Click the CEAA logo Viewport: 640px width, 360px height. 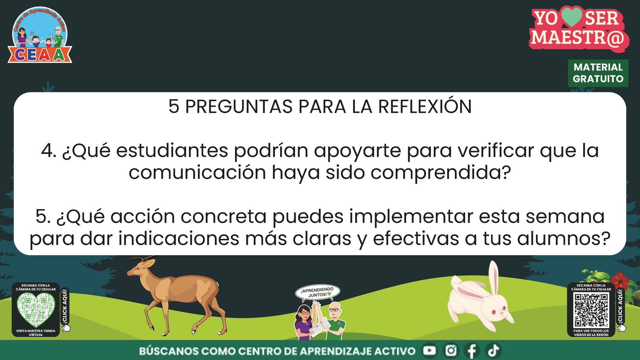click(40, 35)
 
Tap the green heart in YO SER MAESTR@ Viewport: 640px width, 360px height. click(572, 17)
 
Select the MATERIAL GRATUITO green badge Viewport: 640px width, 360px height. click(598, 73)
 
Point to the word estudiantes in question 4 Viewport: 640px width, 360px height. click(172, 151)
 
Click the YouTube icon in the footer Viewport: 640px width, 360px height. click(430, 350)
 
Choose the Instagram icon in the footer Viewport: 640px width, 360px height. click(451, 350)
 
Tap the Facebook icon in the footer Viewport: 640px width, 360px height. click(472, 351)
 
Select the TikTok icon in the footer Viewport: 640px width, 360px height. click(493, 350)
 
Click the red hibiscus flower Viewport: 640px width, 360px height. click(620, 280)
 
